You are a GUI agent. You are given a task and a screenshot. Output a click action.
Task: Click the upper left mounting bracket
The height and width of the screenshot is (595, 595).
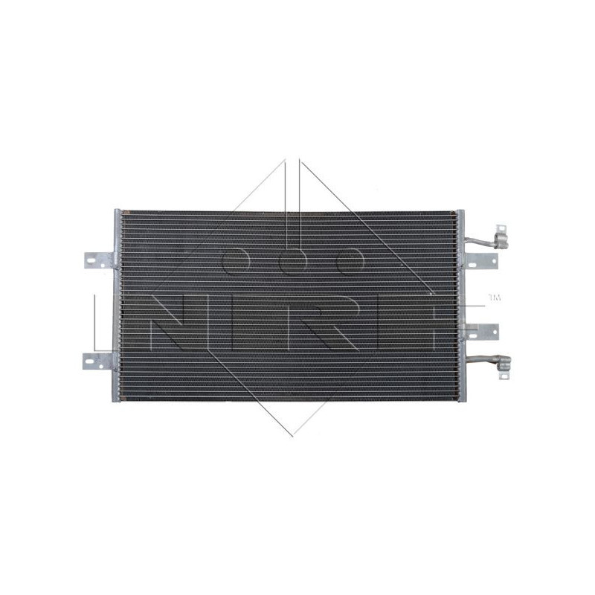click(x=97, y=260)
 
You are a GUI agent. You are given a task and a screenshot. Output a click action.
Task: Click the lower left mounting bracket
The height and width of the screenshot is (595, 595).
click(x=97, y=361)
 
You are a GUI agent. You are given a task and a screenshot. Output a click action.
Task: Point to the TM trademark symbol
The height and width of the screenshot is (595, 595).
click(x=494, y=298)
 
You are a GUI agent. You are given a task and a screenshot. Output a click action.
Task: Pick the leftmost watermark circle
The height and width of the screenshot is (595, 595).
click(x=237, y=260)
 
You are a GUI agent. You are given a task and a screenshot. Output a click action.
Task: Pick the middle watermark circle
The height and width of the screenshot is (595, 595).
click(x=293, y=260)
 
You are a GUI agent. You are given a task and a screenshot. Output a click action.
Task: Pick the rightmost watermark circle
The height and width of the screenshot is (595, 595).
click(x=349, y=260)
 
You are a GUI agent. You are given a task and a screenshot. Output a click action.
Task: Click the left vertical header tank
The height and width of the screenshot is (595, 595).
click(x=117, y=305)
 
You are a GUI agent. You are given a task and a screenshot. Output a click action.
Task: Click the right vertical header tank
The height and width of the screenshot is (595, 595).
click(x=460, y=305)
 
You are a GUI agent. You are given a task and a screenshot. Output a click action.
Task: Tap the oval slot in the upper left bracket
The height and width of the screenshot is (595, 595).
click(x=91, y=260)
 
